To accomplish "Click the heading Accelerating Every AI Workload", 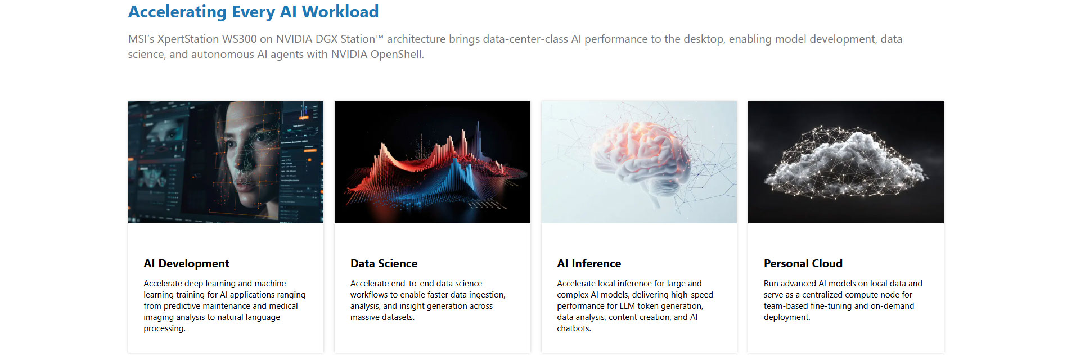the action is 253,12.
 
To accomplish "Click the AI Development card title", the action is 186,263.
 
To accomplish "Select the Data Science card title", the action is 384,263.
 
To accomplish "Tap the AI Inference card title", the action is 589,263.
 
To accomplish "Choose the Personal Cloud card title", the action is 803,263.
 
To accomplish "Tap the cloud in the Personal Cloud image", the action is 845,163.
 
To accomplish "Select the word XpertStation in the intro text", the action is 188,39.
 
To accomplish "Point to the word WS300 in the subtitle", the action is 239,39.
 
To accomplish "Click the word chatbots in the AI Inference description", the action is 574,328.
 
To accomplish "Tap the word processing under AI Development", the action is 164,328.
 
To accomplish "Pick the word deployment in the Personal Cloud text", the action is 787,317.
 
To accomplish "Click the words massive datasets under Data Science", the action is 382,317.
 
